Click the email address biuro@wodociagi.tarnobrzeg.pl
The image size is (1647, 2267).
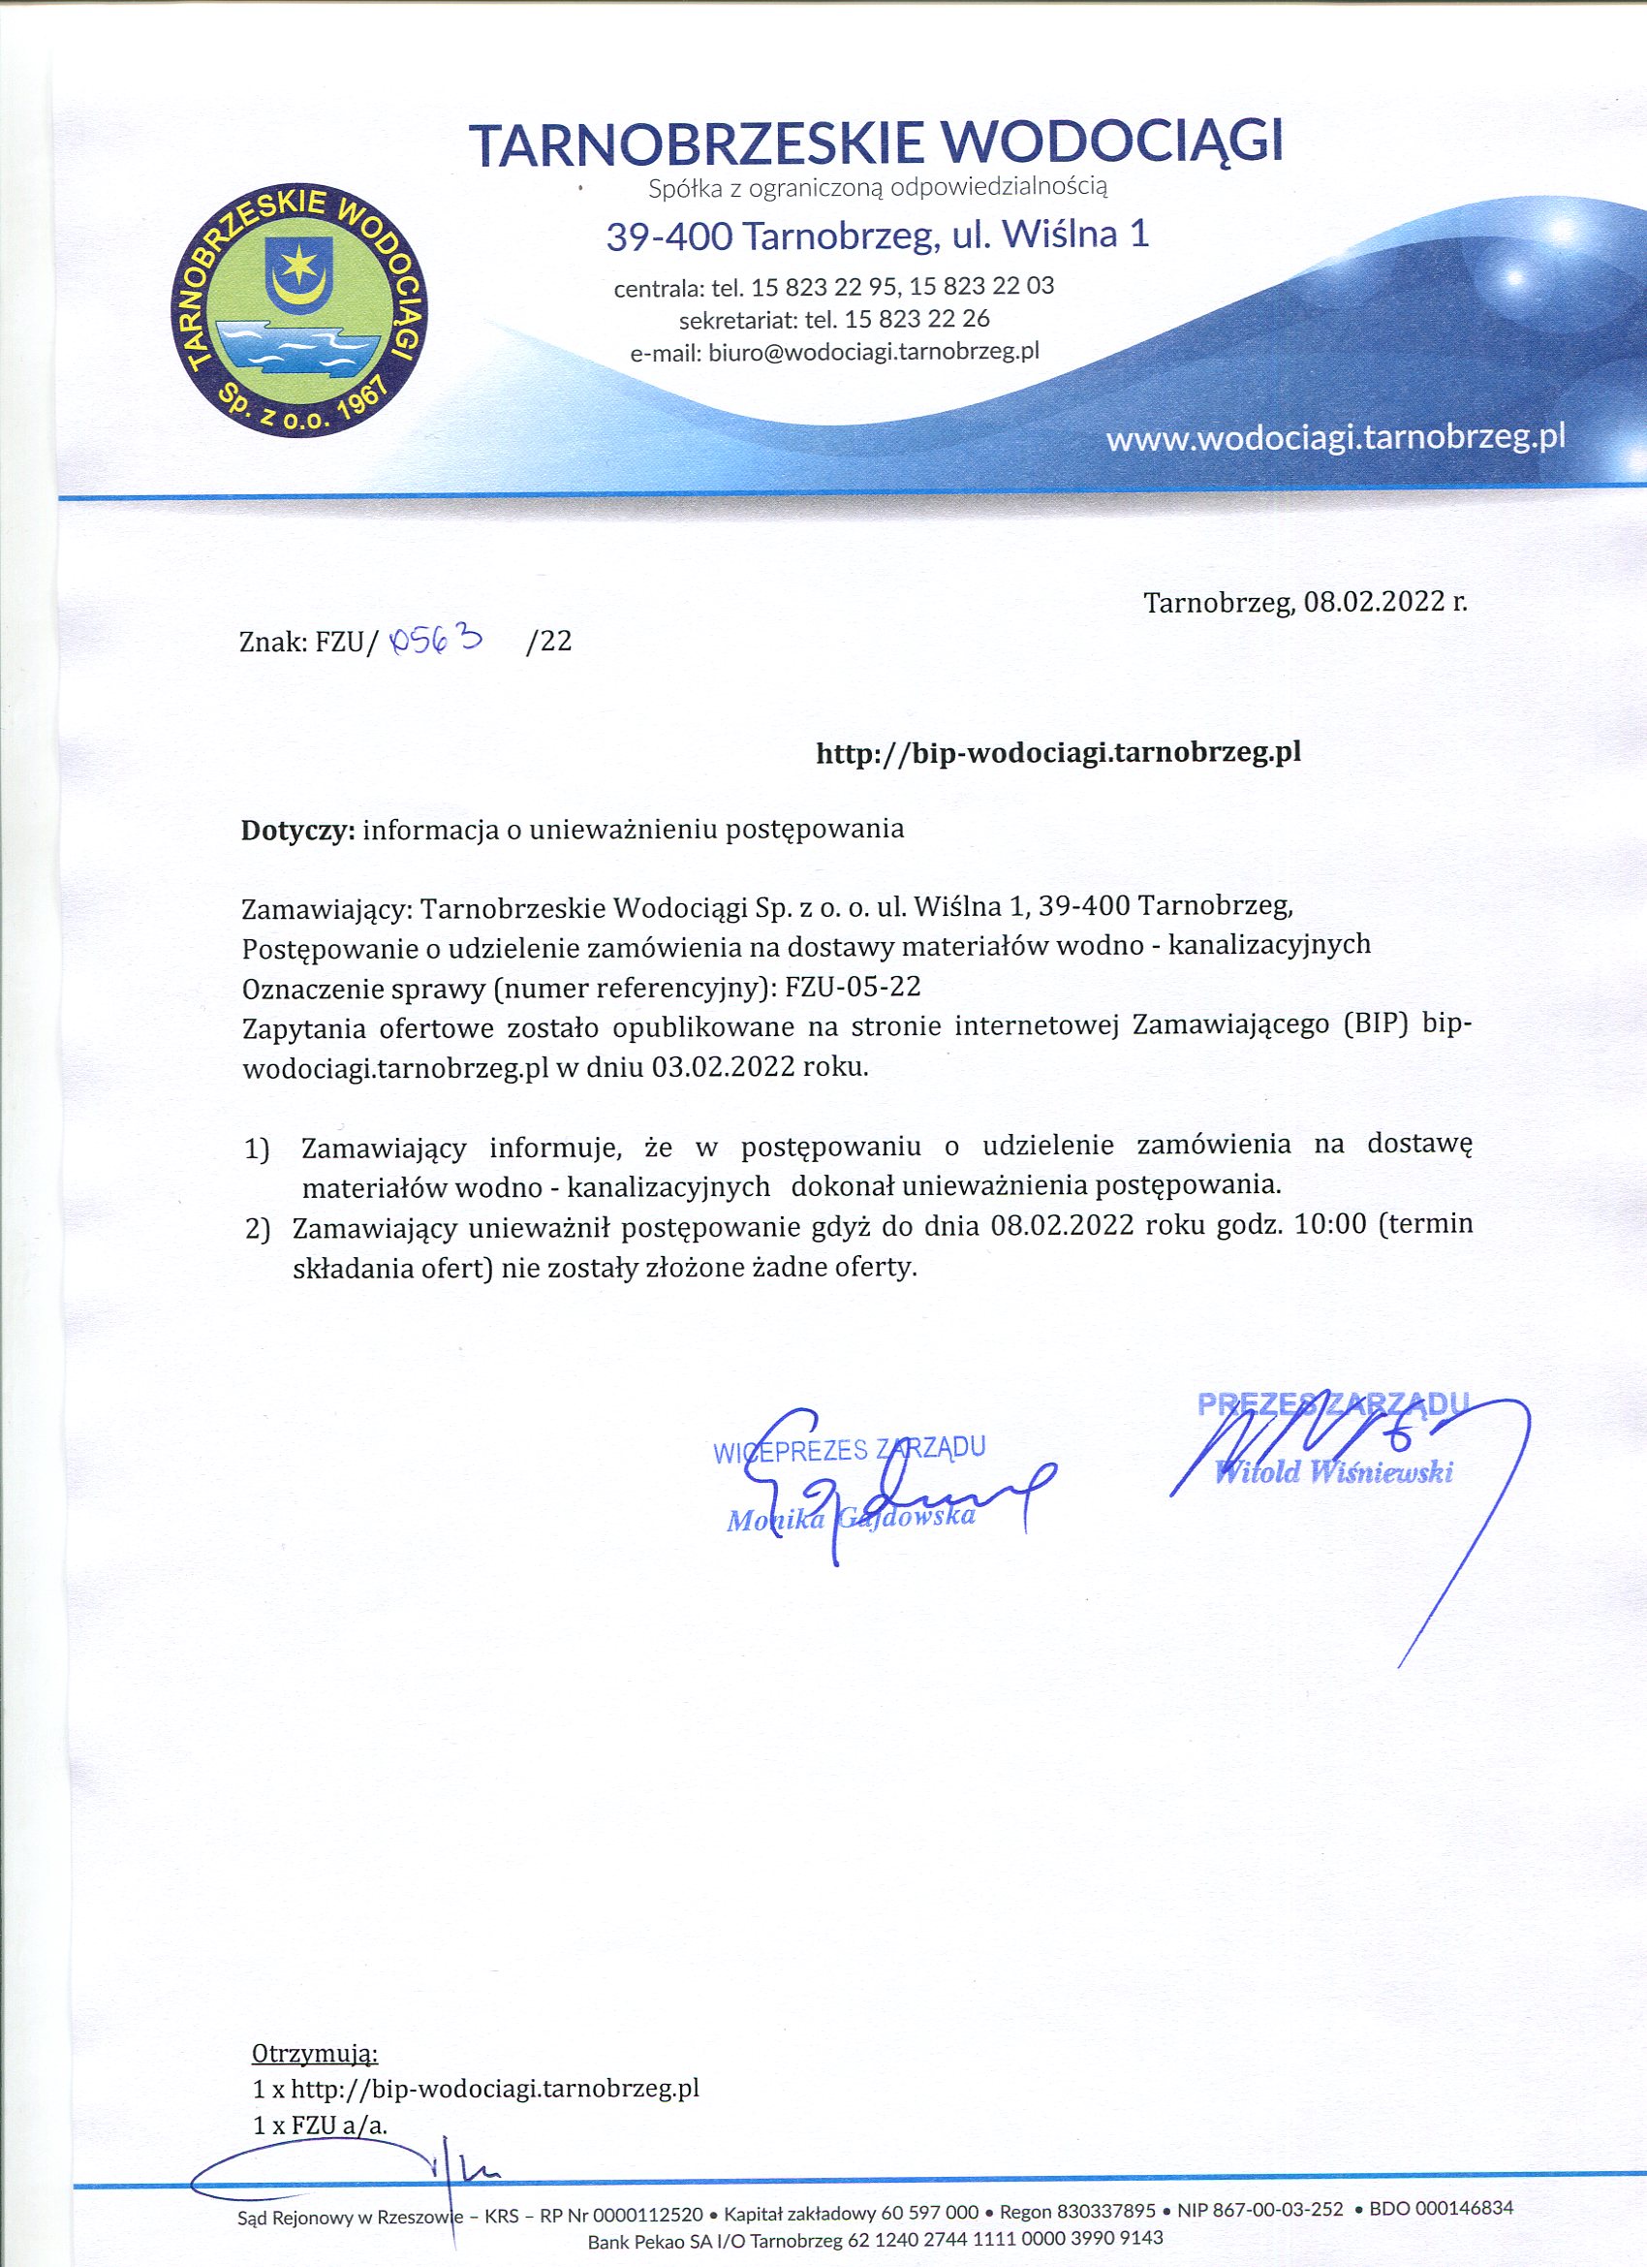[x=875, y=352]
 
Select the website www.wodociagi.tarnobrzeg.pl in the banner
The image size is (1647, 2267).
[x=1335, y=438]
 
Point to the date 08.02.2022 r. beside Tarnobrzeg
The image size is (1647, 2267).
[x=1386, y=602]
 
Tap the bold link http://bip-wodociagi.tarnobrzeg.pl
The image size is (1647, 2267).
[x=1058, y=752]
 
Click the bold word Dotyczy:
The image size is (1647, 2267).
[x=297, y=829]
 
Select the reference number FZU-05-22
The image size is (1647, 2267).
[x=853, y=987]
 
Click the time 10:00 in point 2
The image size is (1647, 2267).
[x=1329, y=1225]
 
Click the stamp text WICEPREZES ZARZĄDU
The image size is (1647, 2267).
[x=851, y=1449]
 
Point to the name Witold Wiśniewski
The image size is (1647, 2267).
[x=1334, y=1472]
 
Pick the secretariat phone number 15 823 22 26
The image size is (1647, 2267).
[x=917, y=319]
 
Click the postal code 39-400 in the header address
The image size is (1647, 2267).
[x=669, y=236]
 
